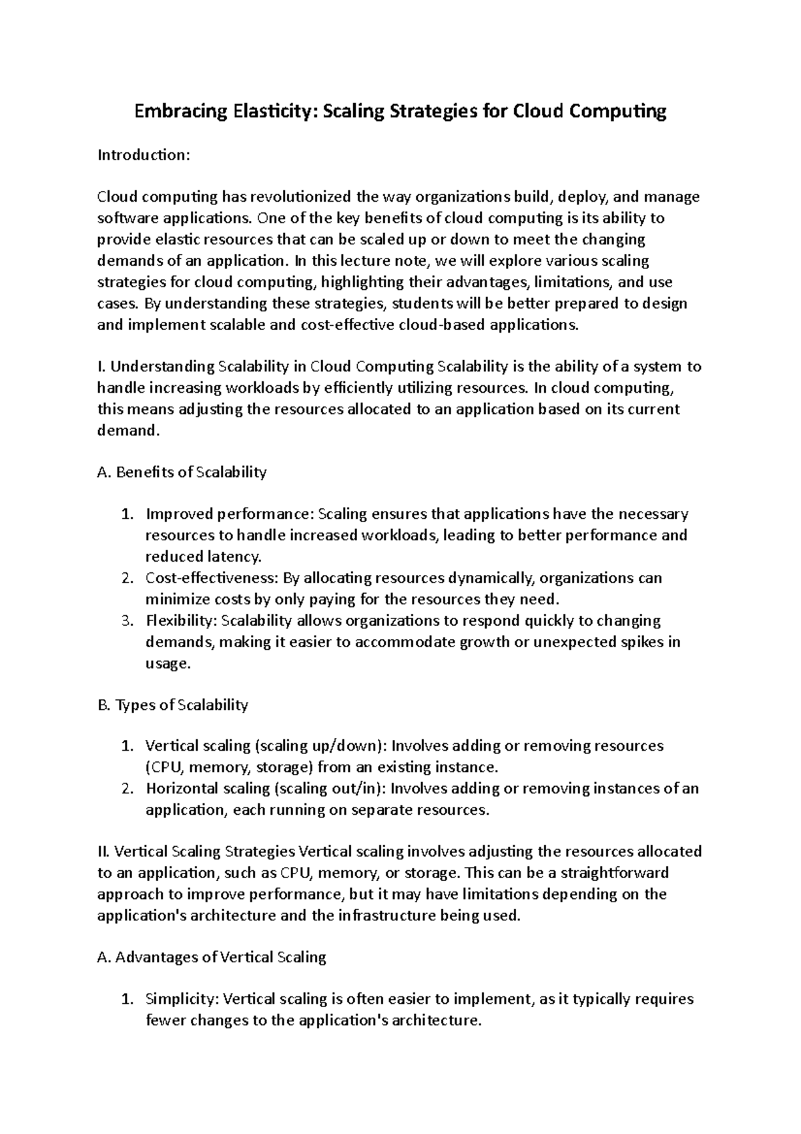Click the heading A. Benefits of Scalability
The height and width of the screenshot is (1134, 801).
point(182,472)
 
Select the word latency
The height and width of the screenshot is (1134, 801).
point(236,556)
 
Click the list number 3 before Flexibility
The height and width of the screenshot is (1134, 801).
point(128,620)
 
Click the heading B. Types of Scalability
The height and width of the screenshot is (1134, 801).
point(172,705)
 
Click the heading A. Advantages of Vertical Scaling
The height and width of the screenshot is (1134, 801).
point(212,957)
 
